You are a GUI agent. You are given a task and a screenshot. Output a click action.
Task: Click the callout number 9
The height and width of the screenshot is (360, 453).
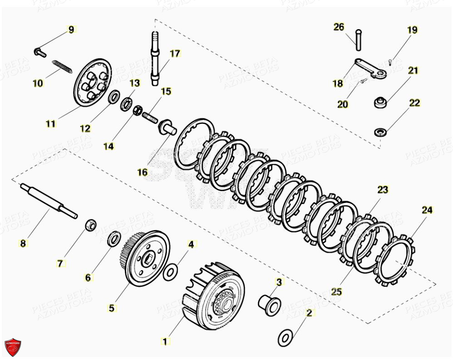71,30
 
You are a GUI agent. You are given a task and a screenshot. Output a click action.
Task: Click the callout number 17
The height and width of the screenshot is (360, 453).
175,54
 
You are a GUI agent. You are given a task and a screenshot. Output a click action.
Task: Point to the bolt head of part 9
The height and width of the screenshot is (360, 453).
38,51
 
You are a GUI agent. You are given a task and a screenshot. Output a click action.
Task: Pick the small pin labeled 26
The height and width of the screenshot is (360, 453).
359,39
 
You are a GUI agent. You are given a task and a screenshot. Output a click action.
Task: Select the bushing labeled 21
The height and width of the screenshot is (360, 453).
380,103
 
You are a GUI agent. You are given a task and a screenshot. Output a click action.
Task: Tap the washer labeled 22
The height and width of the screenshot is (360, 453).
380,132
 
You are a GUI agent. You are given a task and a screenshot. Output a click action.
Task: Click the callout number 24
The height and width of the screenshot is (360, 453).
427,210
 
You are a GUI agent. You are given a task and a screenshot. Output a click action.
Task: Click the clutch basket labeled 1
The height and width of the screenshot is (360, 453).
214,297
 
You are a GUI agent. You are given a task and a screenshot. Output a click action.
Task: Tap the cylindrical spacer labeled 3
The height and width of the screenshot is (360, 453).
268,303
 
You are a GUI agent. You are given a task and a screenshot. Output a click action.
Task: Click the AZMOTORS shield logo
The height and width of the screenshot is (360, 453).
13,347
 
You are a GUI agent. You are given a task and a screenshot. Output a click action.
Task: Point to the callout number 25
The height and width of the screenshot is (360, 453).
336,292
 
